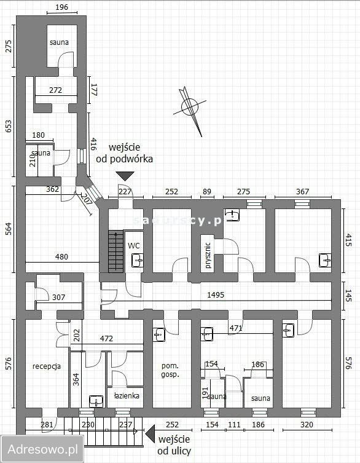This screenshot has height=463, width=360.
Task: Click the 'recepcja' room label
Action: point(47,366)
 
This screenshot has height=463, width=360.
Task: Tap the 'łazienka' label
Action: point(127,396)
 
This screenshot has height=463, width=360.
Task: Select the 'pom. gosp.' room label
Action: point(170,370)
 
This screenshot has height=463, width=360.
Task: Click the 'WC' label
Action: point(134,245)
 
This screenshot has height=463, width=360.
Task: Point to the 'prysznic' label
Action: point(208,256)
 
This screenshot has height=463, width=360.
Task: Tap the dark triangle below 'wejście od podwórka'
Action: point(125,176)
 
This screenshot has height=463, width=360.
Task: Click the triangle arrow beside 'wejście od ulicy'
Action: point(150,434)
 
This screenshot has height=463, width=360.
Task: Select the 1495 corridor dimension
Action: point(216,295)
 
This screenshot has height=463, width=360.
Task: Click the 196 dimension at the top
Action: point(61,7)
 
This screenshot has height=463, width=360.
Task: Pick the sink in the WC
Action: point(138,261)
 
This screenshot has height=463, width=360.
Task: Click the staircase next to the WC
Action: point(116,251)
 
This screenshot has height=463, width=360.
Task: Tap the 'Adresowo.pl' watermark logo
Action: point(43,449)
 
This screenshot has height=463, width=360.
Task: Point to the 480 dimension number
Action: point(61,257)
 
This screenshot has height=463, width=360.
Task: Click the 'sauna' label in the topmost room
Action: point(60,42)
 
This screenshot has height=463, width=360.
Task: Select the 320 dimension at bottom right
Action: point(307,425)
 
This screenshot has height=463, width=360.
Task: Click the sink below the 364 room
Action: point(96,402)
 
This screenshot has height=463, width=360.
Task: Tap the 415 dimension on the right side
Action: point(349,241)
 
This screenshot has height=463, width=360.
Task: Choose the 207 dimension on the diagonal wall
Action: point(86,199)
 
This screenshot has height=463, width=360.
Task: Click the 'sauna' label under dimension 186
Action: point(260,398)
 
